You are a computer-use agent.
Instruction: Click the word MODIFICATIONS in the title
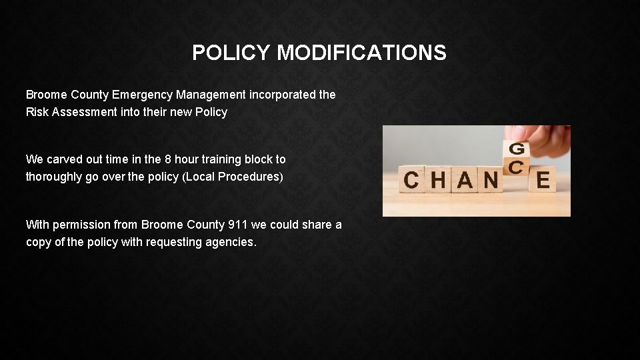click(361, 53)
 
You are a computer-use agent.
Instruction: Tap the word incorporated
click(284, 95)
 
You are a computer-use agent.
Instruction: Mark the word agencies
click(231, 242)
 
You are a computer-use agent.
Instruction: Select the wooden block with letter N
click(492, 180)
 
